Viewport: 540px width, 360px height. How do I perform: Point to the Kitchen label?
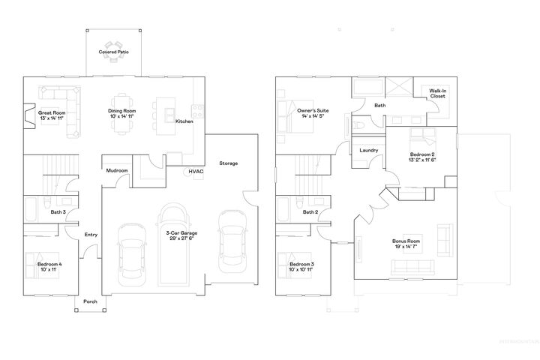point(184,121)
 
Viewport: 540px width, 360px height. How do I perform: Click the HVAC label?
point(196,172)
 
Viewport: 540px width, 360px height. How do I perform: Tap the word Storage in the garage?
point(229,163)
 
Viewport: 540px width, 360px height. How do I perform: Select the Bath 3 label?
point(58,212)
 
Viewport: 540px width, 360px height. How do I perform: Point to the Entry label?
point(91,235)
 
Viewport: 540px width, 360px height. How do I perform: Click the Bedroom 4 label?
point(50,264)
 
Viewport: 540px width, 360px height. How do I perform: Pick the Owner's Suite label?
point(311,110)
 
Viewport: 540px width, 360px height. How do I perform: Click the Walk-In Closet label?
point(438,94)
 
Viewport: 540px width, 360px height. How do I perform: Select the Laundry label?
point(368,151)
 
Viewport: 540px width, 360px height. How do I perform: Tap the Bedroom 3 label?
point(301,265)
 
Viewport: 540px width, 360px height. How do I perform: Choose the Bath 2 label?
point(310,212)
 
